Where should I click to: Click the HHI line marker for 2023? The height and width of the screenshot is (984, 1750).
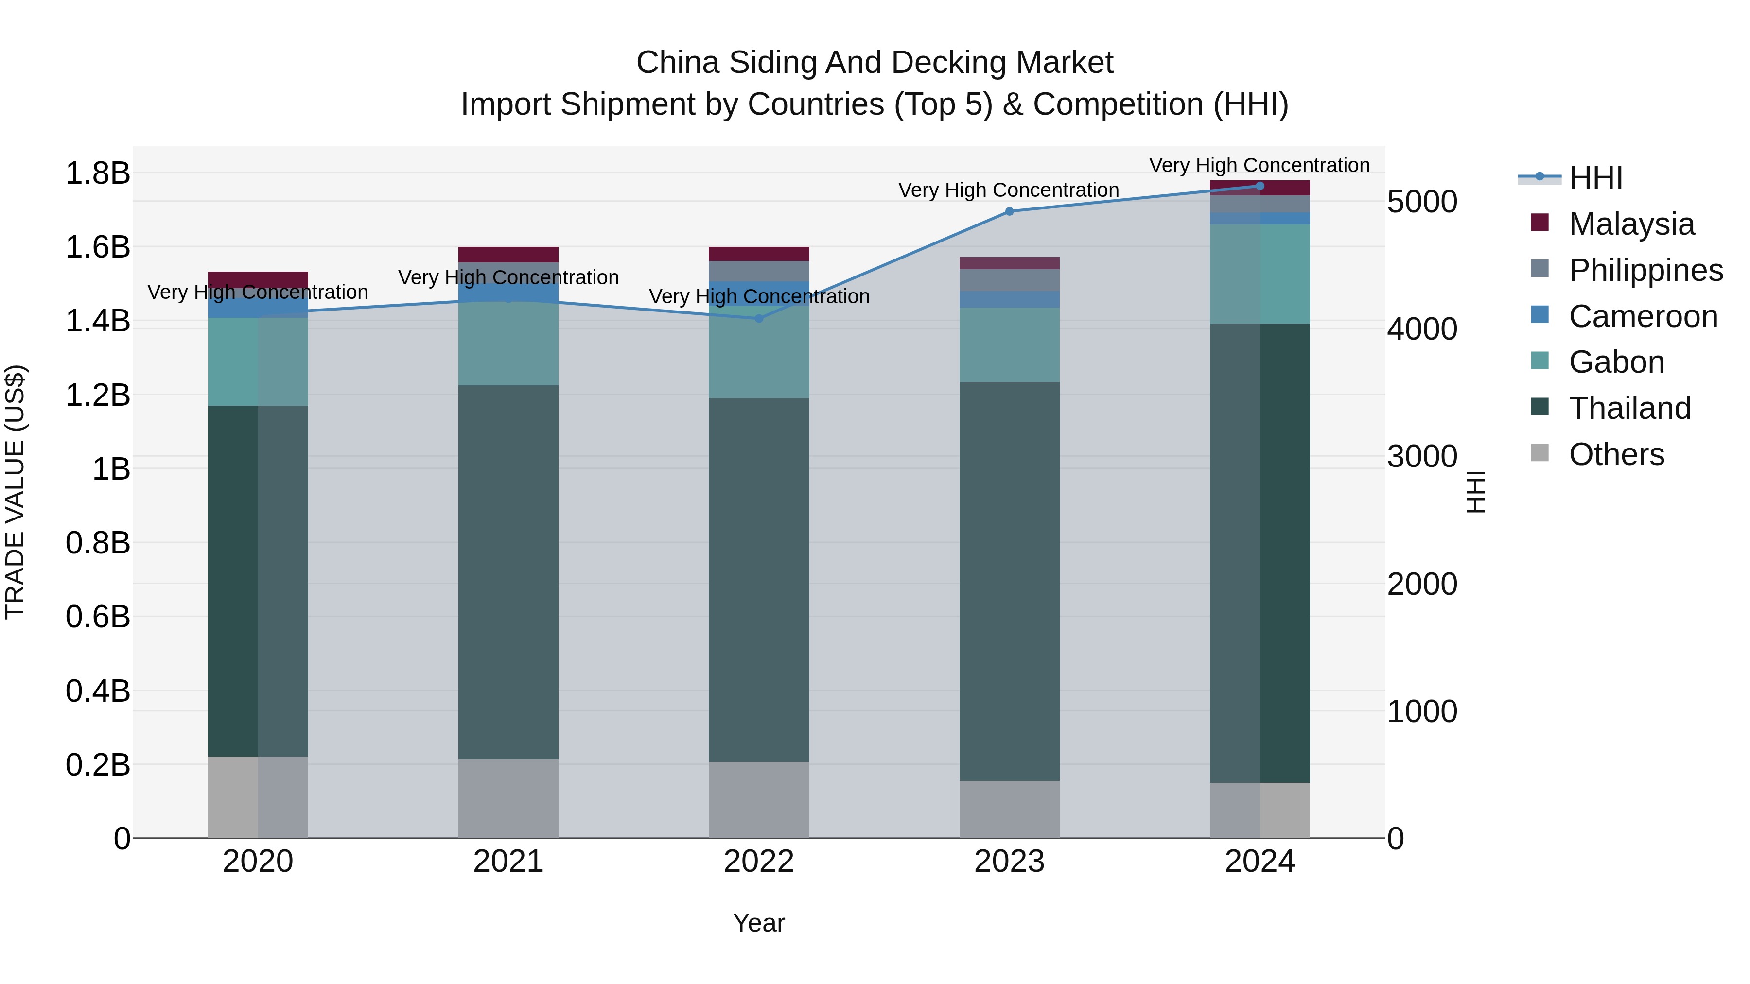point(1009,211)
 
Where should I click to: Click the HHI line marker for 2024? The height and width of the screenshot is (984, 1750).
point(1260,186)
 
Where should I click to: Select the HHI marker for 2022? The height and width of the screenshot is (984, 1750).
point(759,318)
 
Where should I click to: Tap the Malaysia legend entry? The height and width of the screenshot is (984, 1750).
point(1630,224)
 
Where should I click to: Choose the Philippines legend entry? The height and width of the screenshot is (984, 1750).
point(1645,270)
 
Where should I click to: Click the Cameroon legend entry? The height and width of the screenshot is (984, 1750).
point(1642,316)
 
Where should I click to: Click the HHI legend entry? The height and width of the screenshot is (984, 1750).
point(1594,177)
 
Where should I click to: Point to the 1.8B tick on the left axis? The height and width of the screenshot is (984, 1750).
point(97,173)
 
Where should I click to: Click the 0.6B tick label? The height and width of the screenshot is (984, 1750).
point(97,617)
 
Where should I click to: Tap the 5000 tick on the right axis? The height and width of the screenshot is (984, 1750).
point(1422,202)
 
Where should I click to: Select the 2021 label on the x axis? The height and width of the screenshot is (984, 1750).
point(508,861)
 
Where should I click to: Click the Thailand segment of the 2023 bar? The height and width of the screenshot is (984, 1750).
point(1009,581)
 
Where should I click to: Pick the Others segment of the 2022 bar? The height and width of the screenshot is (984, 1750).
point(759,799)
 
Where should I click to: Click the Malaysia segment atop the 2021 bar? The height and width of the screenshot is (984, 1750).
point(508,254)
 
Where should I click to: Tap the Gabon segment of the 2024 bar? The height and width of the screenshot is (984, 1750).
point(1260,274)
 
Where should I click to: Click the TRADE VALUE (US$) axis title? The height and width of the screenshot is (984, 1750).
point(15,492)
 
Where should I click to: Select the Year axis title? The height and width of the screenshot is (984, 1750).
point(759,923)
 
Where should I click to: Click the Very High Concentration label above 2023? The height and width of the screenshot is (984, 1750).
point(1008,190)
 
